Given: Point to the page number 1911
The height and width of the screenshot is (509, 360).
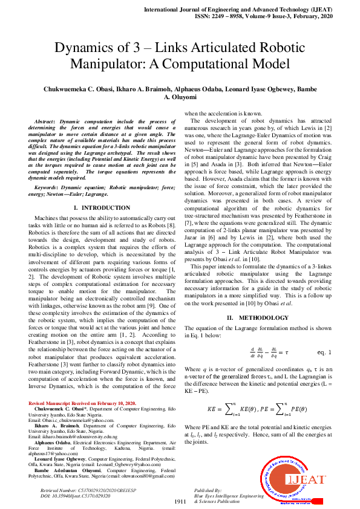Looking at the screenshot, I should click(180, 501).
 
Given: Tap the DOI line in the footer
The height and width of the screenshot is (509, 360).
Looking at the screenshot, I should click(67, 495).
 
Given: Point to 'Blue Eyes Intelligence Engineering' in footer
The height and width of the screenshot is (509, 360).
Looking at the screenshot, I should click(229, 495).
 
